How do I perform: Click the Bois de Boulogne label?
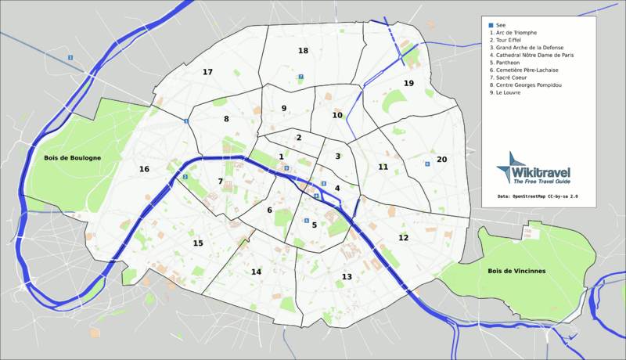tap(73, 158)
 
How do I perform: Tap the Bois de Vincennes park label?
tap(516, 271)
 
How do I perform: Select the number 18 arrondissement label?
tap(303, 51)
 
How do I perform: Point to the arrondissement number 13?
tap(347, 277)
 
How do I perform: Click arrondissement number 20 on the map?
tap(441, 160)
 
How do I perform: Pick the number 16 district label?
tap(144, 169)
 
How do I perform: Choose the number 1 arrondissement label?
tap(281, 157)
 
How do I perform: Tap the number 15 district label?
tap(198, 243)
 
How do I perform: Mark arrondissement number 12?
tap(403, 237)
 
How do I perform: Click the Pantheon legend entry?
tap(506, 65)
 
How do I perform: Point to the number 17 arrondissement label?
tap(207, 72)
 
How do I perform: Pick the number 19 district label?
tap(408, 83)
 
